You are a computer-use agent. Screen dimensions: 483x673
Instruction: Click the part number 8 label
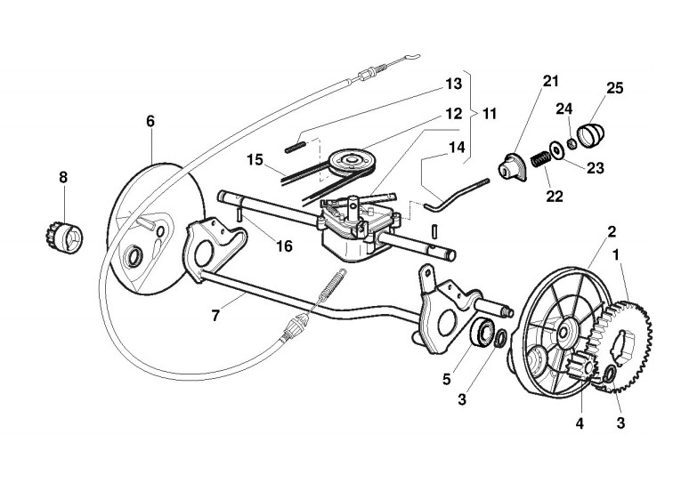(x=62, y=178)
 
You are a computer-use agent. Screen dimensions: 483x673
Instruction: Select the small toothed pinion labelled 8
(x=61, y=237)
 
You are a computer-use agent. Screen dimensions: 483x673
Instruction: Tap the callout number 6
(x=150, y=120)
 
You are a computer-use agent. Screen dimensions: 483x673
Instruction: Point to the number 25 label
(x=614, y=88)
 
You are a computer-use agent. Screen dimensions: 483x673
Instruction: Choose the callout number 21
(x=551, y=82)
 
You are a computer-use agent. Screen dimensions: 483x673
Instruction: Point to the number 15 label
(x=255, y=160)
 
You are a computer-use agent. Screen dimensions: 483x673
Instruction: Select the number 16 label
(x=284, y=246)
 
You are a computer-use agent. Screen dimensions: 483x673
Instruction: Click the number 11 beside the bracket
(x=491, y=115)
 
